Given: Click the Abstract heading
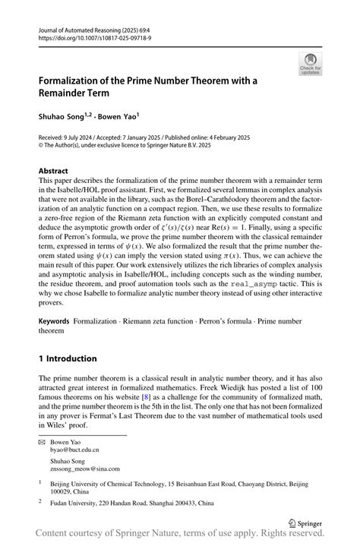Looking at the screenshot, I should click(53, 172).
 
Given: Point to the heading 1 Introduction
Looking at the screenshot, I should click(68, 358).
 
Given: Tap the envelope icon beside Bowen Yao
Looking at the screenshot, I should click(43, 441).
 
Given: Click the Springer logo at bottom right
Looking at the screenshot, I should click(308, 522).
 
